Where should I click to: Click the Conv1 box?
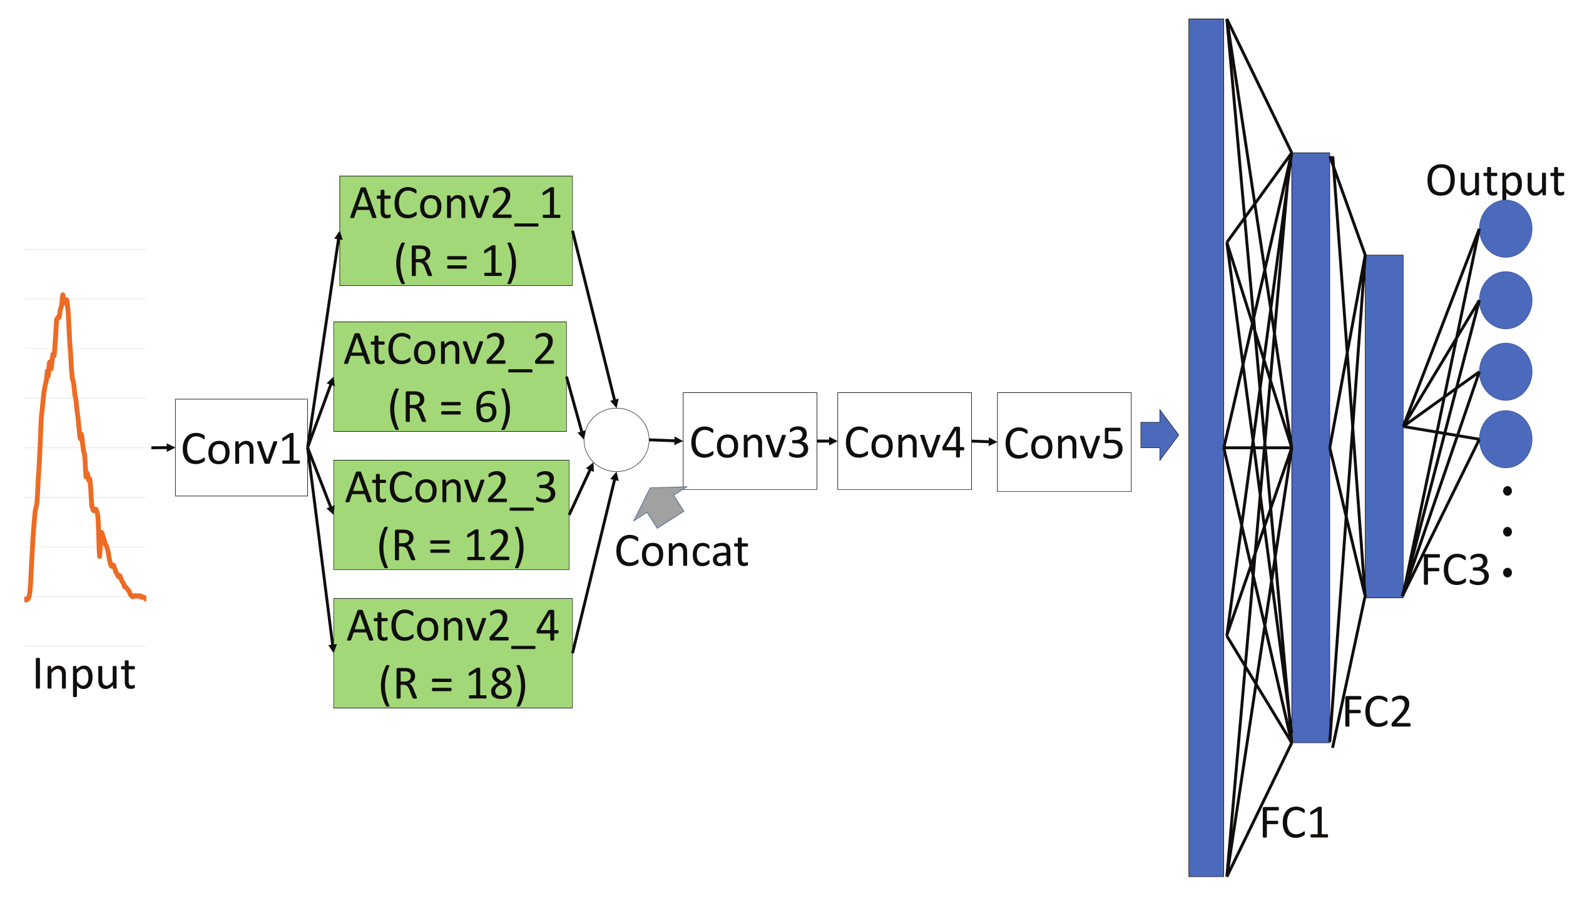click(241, 447)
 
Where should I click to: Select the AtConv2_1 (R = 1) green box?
click(456, 231)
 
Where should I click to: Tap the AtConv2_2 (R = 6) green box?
click(449, 377)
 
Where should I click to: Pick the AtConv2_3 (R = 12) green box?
click(451, 515)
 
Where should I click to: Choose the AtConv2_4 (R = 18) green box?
click(452, 653)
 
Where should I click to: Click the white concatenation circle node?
click(616, 440)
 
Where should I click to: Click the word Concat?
click(681, 552)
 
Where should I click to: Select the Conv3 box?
click(749, 441)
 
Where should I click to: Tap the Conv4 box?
click(904, 441)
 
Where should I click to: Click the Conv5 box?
click(1063, 442)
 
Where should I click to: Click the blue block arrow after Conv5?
click(1159, 435)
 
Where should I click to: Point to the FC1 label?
click(1294, 823)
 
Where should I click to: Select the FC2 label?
click(1377, 712)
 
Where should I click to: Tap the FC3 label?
click(1455, 570)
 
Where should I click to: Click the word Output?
click(1494, 181)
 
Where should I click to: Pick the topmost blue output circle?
click(1505, 229)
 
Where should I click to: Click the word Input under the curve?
click(84, 674)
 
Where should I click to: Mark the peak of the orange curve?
click(63, 295)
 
